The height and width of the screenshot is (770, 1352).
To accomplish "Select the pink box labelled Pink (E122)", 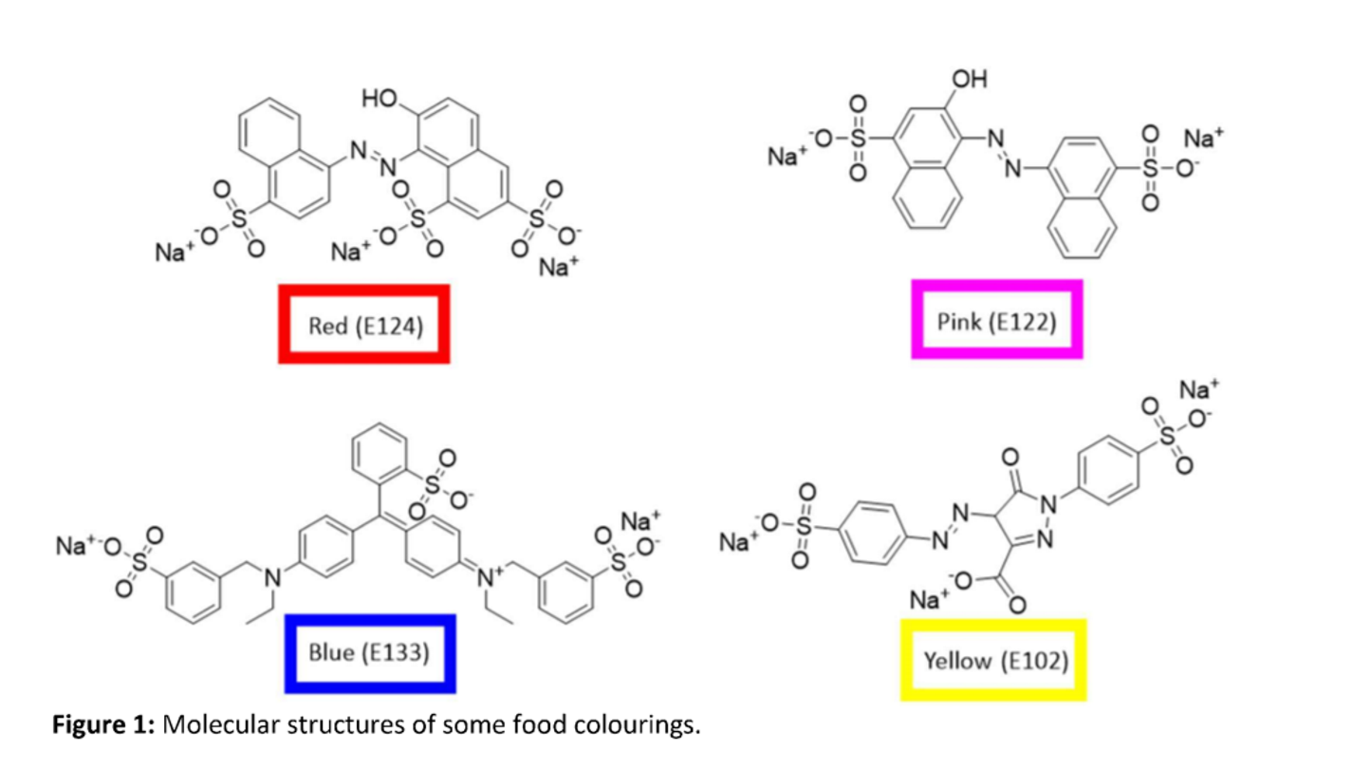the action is (x=996, y=320).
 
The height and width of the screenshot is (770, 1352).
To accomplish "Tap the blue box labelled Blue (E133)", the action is (x=369, y=653).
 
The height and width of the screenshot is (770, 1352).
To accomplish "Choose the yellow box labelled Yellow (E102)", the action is (x=993, y=660).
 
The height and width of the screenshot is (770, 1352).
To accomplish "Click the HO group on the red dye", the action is (x=380, y=99).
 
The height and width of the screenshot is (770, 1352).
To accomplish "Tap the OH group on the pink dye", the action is (x=969, y=80).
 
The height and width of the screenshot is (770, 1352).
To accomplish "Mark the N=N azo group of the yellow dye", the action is (x=948, y=528).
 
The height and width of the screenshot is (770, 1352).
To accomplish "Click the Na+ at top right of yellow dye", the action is (x=1198, y=389).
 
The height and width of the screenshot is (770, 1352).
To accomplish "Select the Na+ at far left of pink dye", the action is (x=787, y=156).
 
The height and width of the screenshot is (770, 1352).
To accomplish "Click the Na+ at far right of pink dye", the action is (x=1203, y=138).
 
